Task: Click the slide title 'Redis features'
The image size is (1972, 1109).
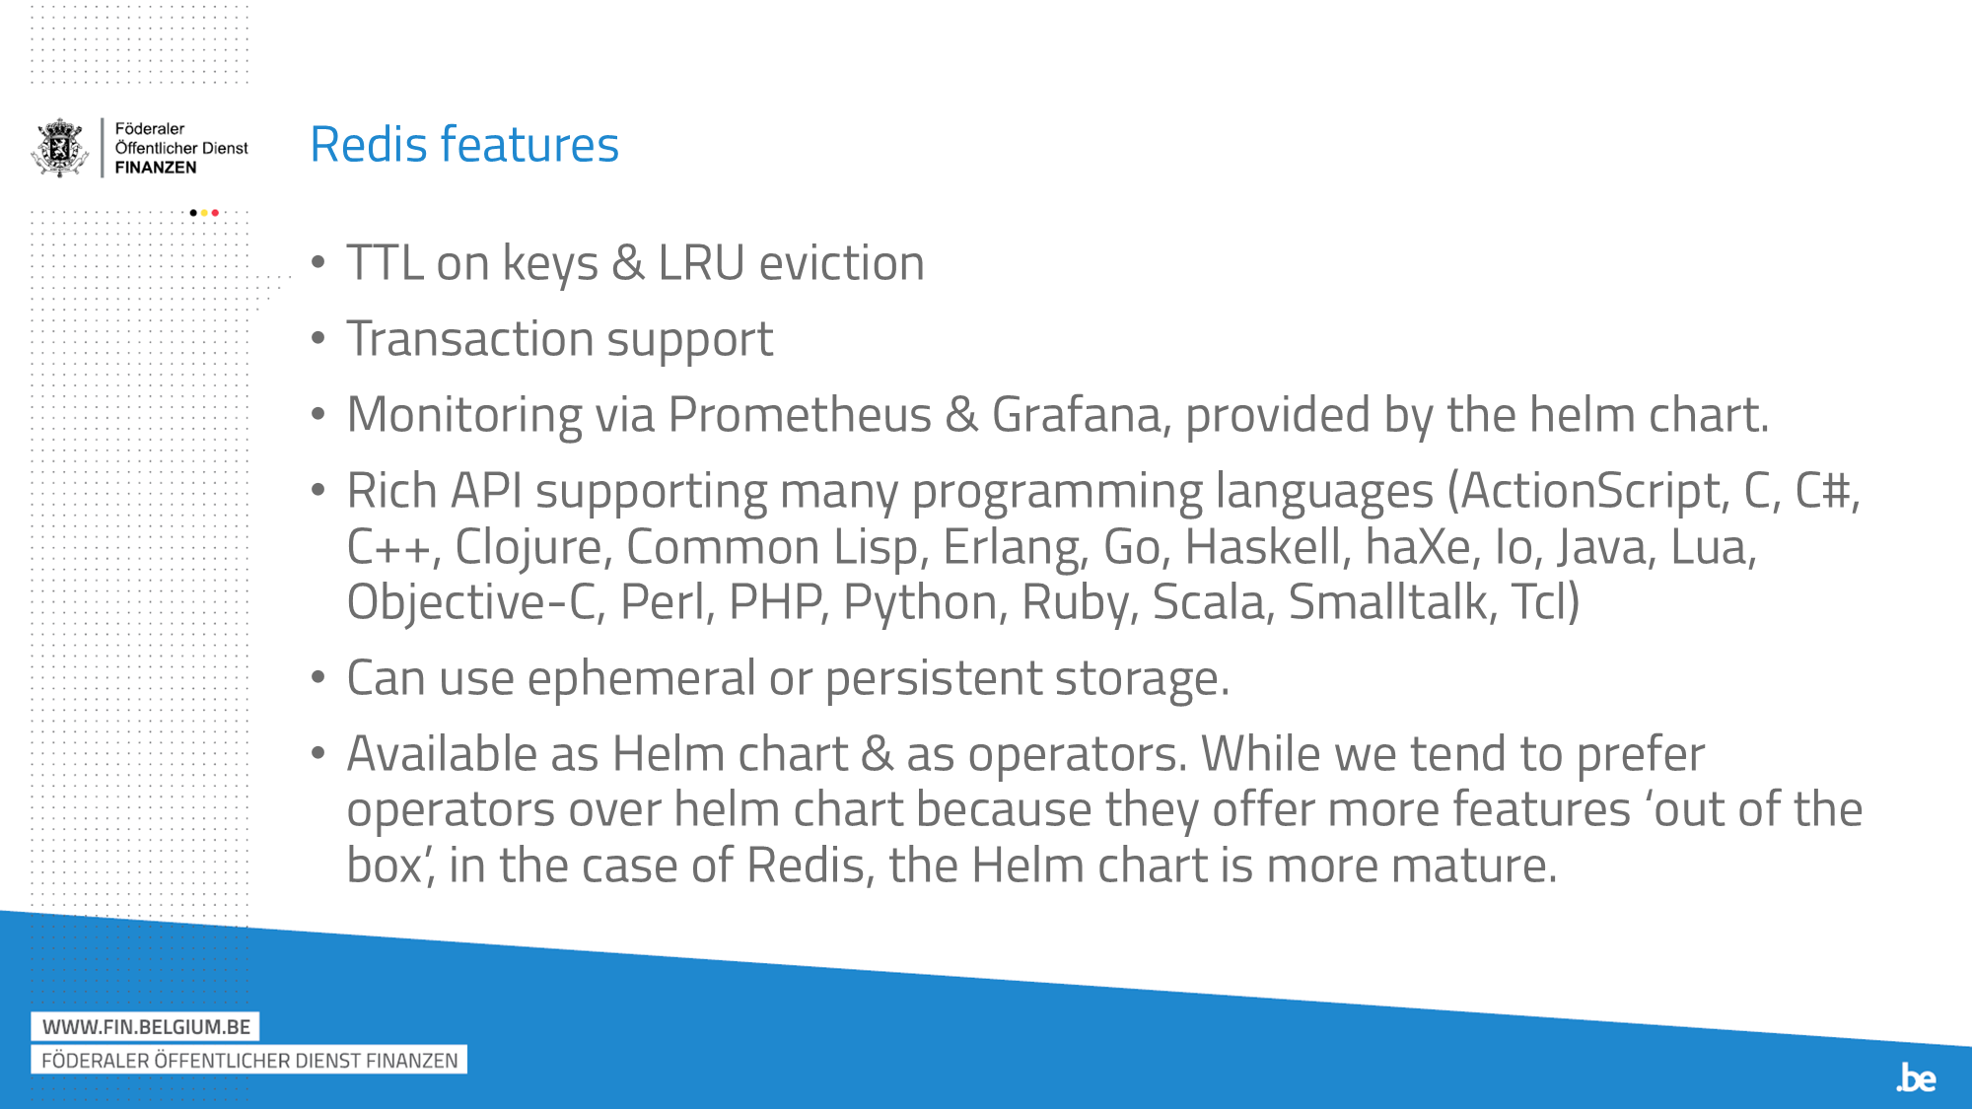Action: pos(463,145)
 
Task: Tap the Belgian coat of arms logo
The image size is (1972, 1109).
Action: pos(60,148)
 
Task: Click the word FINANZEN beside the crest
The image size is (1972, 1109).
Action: pos(156,168)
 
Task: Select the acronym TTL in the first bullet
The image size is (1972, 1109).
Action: pos(385,263)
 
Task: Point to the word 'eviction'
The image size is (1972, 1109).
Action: pos(841,263)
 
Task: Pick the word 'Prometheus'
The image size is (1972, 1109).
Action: pos(799,415)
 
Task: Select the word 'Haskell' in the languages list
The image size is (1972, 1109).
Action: pos(1267,547)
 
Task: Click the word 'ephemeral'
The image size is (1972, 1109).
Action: pos(641,678)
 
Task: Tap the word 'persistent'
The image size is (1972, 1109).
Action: pos(933,678)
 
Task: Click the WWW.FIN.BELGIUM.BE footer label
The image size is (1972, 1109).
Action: pos(146,1027)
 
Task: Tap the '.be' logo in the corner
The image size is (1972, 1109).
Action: pos(1916,1078)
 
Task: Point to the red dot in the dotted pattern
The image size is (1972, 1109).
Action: pos(215,213)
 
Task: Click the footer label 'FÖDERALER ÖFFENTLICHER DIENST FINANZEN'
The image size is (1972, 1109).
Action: pos(249,1061)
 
